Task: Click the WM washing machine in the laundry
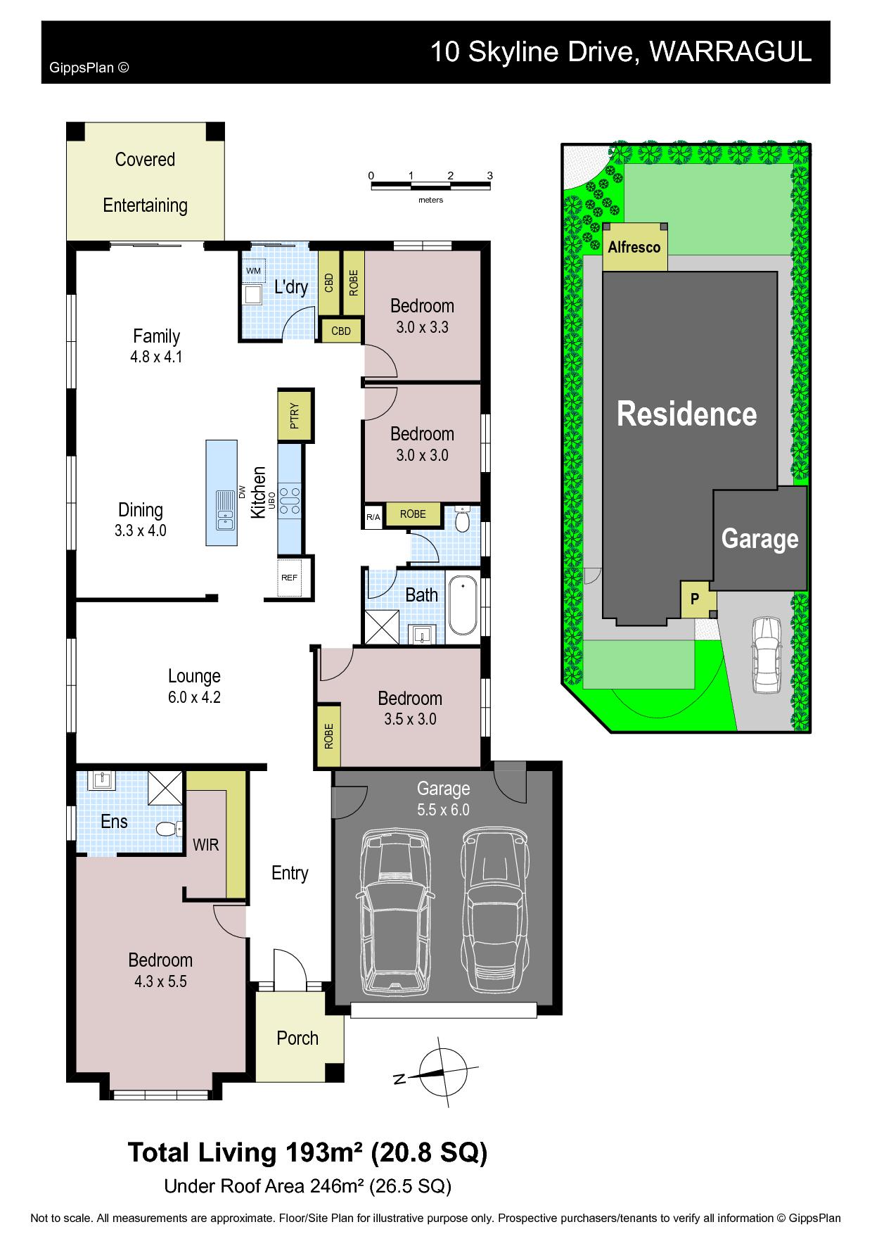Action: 253,271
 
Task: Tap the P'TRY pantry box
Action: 295,415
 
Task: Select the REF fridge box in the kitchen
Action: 290,578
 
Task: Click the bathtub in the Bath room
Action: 463,606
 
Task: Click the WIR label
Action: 206,845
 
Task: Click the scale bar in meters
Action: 431,185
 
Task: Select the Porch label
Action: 297,1038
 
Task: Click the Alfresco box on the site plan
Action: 635,248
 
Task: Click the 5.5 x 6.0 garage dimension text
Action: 443,810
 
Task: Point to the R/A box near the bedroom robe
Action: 373,518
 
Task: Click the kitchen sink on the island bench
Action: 225,510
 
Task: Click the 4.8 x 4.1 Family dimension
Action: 156,357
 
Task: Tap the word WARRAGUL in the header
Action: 730,51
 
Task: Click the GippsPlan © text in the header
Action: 89,68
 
